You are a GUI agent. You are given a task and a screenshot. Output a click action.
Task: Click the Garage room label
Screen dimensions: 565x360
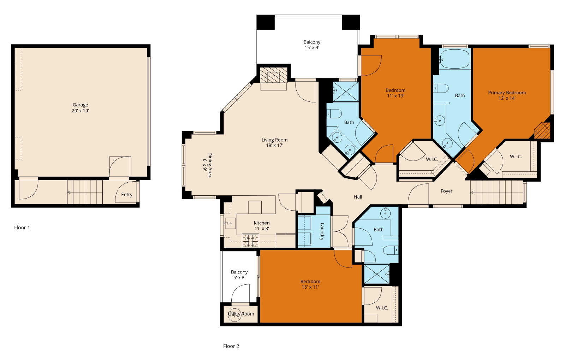[80, 105]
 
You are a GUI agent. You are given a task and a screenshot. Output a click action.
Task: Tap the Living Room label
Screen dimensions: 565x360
[274, 140]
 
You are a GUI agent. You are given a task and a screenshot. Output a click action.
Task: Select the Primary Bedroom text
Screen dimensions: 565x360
[507, 93]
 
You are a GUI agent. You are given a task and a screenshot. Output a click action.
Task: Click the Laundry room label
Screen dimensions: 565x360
[322, 231]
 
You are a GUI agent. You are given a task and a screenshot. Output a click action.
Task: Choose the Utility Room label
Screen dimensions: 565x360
[241, 314]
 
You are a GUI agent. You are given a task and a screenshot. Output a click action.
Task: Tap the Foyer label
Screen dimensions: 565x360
[446, 191]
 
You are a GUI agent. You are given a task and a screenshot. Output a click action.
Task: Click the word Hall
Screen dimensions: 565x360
[358, 197]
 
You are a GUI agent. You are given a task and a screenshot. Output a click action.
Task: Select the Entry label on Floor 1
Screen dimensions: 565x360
[127, 195]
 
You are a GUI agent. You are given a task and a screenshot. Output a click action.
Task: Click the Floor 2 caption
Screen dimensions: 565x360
[231, 346]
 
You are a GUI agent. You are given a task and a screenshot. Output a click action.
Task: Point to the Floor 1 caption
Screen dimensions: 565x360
[22, 228]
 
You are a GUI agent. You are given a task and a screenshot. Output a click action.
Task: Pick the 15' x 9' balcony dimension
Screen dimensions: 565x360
[312, 47]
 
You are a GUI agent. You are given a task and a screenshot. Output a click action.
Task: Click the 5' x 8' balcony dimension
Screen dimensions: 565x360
[239, 277]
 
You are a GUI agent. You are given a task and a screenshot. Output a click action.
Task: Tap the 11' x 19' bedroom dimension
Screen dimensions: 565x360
[395, 96]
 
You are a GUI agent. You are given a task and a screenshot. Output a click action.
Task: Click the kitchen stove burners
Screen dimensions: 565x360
[250, 241]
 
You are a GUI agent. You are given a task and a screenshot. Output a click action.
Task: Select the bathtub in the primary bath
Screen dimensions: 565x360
[454, 59]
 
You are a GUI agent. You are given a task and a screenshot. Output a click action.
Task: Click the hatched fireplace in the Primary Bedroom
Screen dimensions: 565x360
[542, 130]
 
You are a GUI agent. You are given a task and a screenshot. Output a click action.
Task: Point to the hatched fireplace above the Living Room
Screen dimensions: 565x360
[274, 75]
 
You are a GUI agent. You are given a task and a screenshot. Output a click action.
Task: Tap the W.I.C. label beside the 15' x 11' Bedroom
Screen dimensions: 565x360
[382, 308]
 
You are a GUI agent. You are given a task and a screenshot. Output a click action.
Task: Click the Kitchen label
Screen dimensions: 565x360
[262, 223]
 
